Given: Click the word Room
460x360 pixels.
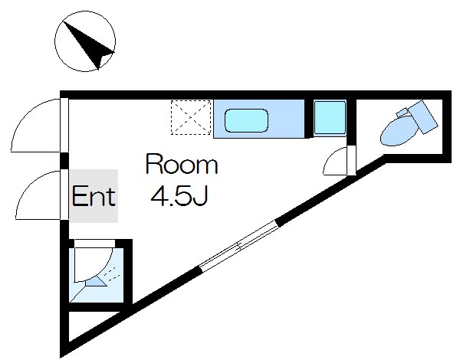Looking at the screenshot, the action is pos(182,165).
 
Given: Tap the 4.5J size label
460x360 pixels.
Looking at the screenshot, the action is pos(179,195).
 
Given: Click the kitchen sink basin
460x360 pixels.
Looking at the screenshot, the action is pos(246,120).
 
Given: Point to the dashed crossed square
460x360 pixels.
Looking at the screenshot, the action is pos(191,117).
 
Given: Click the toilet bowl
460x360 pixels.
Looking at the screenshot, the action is pos(399,131).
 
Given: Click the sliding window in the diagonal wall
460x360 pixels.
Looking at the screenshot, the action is pos(238,246).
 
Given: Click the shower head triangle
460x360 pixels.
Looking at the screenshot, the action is pos(96,282).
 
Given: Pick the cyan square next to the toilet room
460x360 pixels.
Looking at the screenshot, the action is pos(330,118).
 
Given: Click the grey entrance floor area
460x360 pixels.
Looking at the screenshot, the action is pos(94,196).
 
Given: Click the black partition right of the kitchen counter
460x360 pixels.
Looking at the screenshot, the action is pos(308,119).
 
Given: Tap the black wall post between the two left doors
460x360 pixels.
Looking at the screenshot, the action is pos(64,161).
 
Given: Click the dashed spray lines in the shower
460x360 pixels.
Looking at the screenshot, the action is pos(113,274).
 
